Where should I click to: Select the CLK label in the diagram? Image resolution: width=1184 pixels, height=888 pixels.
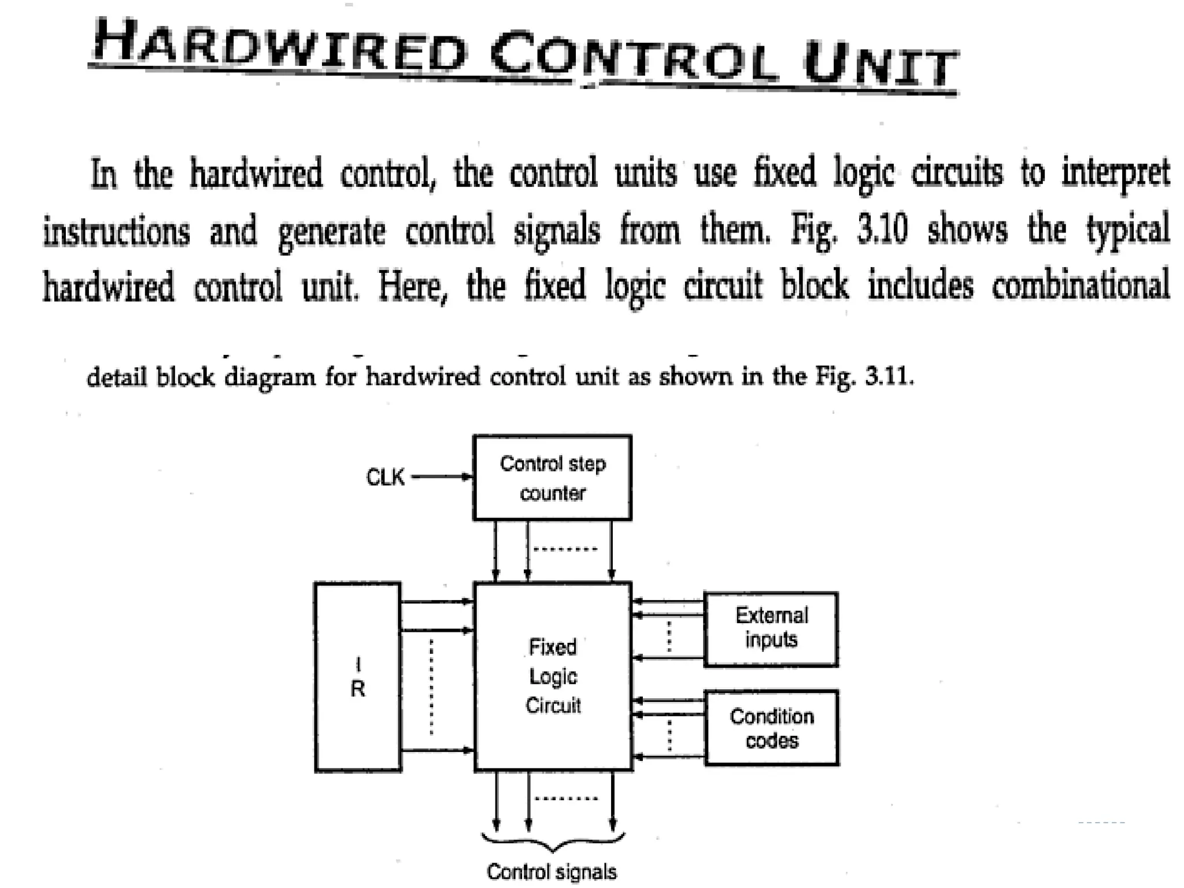[385, 478]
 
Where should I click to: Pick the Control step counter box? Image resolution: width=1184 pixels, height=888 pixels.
[552, 478]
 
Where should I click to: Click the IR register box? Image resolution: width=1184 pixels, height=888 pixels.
[358, 676]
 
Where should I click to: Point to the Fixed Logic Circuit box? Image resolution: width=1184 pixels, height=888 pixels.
[553, 676]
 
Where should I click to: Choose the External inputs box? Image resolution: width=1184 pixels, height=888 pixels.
[771, 629]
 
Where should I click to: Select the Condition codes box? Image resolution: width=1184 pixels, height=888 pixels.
[772, 728]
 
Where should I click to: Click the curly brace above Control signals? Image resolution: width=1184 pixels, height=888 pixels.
[553, 842]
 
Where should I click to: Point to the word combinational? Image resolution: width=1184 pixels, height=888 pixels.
[1081, 284]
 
